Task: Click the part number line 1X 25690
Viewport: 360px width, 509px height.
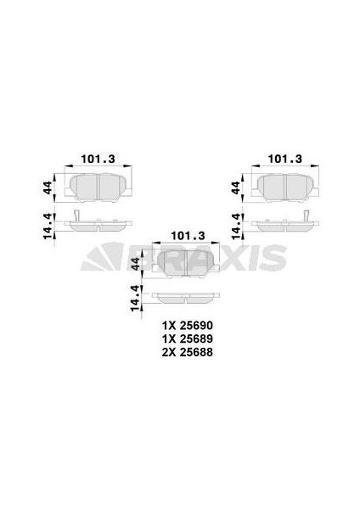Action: (185, 325)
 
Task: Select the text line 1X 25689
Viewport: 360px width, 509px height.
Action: (185, 338)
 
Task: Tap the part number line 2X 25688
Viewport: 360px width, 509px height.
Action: (185, 352)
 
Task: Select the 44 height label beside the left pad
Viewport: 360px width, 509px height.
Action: (48, 187)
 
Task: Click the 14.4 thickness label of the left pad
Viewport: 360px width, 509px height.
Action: (48, 226)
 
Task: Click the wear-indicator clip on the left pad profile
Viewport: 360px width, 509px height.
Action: (76, 218)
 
